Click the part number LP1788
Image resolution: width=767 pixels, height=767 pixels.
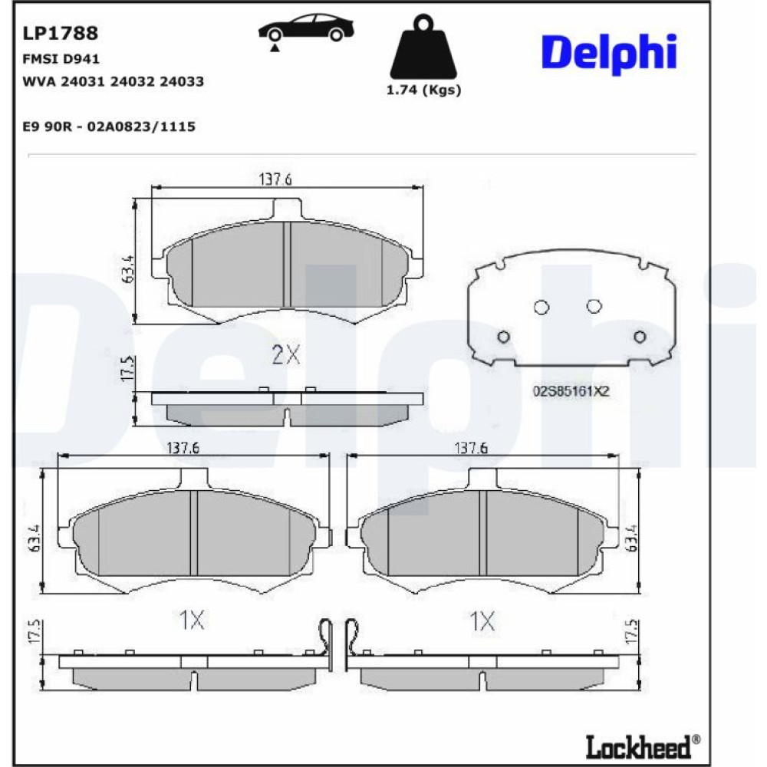pos(60,33)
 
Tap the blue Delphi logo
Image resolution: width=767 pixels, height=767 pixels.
pos(609,53)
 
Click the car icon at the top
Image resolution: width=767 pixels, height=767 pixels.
pos(306,28)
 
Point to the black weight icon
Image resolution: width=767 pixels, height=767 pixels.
pos(423,47)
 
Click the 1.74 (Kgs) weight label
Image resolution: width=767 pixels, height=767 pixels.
pos(423,90)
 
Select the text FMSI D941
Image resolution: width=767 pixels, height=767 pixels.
pos(61,59)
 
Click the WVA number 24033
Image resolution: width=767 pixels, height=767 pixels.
pos(182,81)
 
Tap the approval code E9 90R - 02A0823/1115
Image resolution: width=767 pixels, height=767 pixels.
pos(109,127)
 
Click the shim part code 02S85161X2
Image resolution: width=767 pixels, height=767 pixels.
pos(571,391)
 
